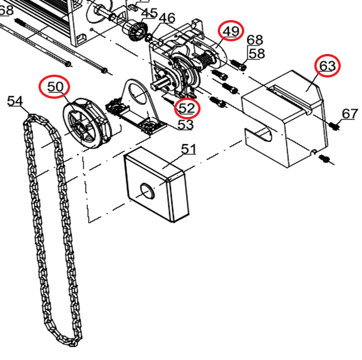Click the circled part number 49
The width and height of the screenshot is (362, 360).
231,31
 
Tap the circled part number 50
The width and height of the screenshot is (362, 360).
55,87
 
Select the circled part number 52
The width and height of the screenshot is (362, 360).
187,108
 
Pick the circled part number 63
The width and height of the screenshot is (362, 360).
327,65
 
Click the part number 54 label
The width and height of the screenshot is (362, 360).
16,101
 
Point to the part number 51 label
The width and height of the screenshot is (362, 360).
188,149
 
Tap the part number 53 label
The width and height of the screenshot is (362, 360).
186,125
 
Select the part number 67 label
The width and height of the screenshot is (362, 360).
350,114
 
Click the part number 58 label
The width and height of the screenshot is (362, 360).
256,53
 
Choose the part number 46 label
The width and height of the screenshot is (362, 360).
167,18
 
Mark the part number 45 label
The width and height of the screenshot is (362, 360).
149,13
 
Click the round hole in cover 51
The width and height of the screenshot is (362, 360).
147,191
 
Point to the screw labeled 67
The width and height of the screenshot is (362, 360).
334,126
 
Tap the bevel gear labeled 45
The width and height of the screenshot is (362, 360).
137,31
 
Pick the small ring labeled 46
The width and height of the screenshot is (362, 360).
148,37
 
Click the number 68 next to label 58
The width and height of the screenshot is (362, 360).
255,40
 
